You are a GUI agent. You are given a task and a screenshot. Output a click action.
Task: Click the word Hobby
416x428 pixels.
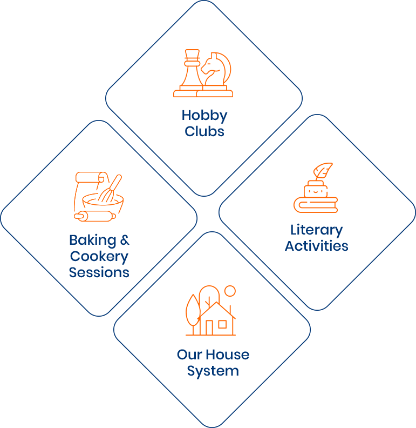click(x=204, y=116)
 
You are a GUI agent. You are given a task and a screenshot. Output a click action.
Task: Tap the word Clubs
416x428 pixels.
click(x=204, y=131)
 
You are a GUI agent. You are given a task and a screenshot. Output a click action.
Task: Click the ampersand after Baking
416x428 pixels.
click(x=125, y=240)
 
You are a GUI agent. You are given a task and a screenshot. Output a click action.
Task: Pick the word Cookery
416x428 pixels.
click(x=99, y=257)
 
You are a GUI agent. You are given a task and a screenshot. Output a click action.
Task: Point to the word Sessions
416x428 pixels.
click(x=99, y=272)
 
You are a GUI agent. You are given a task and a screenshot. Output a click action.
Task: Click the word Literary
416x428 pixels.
click(x=317, y=231)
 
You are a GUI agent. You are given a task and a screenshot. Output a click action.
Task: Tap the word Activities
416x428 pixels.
click(x=317, y=246)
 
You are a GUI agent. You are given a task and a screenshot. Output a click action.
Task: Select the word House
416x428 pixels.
click(x=228, y=355)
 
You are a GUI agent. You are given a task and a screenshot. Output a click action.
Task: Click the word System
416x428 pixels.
click(x=213, y=371)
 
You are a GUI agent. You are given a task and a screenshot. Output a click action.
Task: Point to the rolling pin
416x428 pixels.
click(x=95, y=216)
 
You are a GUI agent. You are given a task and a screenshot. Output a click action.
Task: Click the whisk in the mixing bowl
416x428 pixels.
click(x=110, y=190)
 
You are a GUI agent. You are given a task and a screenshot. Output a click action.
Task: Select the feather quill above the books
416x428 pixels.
click(x=323, y=171)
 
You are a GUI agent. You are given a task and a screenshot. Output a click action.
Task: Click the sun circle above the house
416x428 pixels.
click(x=230, y=291)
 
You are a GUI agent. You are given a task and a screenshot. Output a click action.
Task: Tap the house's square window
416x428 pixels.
click(x=222, y=324)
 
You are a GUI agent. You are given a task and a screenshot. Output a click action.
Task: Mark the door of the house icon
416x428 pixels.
click(x=209, y=327)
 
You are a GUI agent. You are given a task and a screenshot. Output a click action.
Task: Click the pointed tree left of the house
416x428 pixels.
click(x=193, y=311)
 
